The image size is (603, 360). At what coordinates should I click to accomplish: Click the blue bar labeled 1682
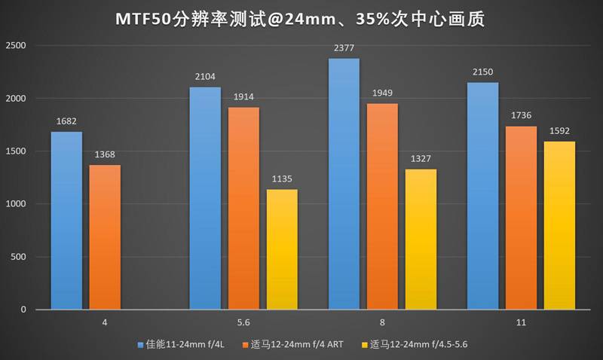[66, 221]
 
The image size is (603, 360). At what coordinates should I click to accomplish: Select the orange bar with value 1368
[105, 237]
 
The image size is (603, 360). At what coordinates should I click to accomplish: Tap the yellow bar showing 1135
[282, 249]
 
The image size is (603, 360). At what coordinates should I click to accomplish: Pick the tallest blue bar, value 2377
[343, 184]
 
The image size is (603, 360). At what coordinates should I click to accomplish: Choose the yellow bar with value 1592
[559, 225]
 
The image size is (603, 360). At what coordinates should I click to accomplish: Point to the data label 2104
[204, 75]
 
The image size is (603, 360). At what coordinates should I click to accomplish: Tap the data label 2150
[482, 71]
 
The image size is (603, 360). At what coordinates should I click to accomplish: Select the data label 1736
[521, 114]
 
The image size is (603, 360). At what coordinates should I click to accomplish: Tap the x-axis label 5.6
[243, 322]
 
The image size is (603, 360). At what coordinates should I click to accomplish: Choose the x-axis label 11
[521, 322]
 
